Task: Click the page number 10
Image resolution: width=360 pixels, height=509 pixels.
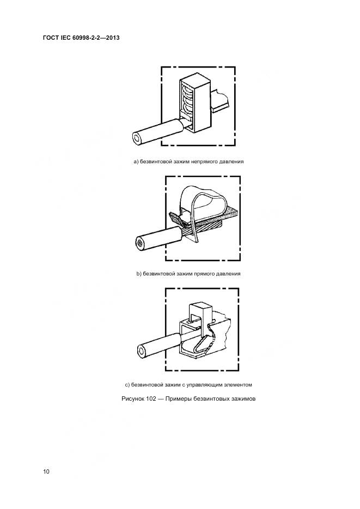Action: pyautogui.click(x=46, y=471)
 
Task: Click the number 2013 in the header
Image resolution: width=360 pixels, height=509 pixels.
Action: pyautogui.click(x=112, y=38)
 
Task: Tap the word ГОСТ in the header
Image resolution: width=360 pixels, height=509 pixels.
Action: pyautogui.click(x=51, y=38)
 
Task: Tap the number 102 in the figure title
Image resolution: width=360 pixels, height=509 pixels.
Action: pyautogui.click(x=151, y=398)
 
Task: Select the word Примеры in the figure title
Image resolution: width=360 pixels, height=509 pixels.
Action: pyautogui.click(x=178, y=398)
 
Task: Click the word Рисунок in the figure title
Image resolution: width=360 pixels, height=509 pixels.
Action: pyautogui.click(x=132, y=398)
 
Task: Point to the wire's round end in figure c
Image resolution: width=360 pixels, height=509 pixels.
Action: pyautogui.click(x=142, y=351)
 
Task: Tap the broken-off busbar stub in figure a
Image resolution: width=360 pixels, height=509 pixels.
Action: pyautogui.click(x=220, y=101)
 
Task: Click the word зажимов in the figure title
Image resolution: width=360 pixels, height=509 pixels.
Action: pyautogui.click(x=243, y=398)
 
